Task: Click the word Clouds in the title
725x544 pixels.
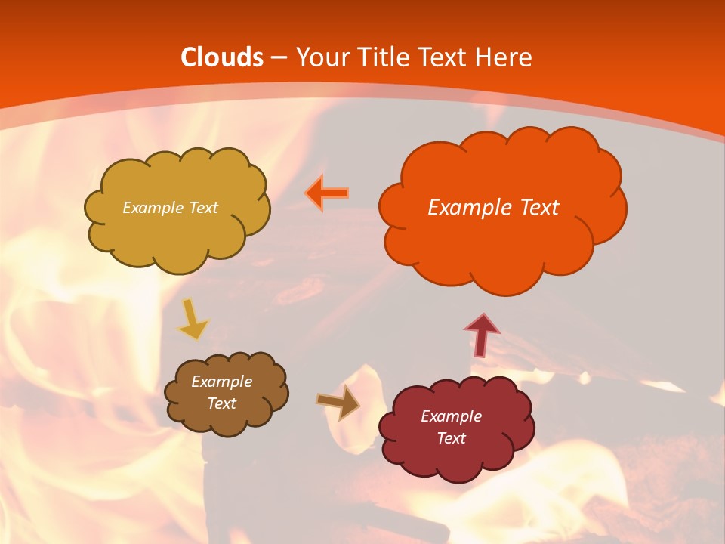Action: tap(222, 57)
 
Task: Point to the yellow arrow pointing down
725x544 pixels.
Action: tap(193, 321)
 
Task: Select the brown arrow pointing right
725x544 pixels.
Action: tap(338, 401)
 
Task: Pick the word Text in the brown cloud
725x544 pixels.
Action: tap(222, 403)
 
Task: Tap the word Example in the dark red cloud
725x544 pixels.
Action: tap(451, 416)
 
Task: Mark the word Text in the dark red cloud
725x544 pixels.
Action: tap(451, 438)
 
